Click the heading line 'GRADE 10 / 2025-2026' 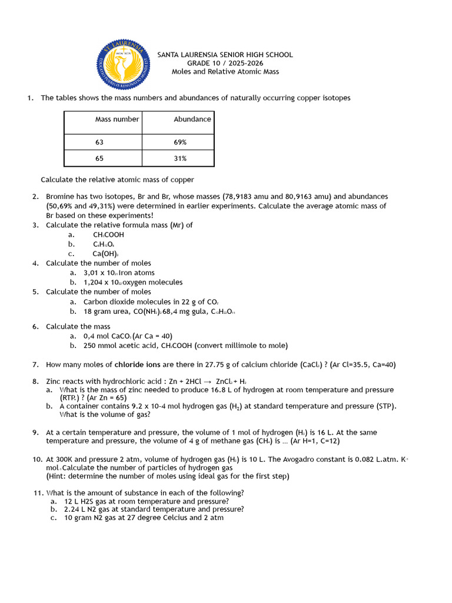[225, 63]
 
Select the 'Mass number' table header [117, 119]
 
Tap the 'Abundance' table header [192, 119]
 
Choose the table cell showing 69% [180, 143]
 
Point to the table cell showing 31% [180, 158]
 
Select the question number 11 [36, 493]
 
